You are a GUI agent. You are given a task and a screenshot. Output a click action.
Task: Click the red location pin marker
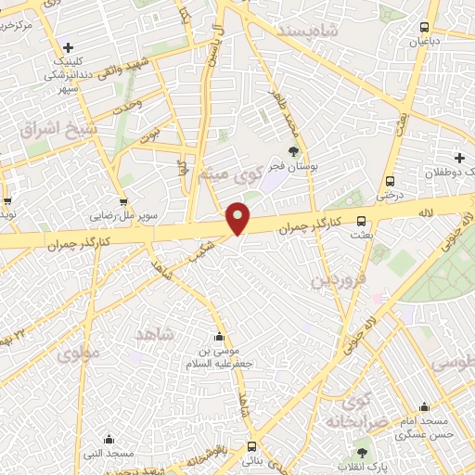pyautogui.click(x=238, y=218)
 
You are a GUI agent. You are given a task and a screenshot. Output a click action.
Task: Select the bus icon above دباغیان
pyautogui.click(x=425, y=28)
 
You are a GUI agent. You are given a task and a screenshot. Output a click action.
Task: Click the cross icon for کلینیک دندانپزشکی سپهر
pyautogui.click(x=68, y=48)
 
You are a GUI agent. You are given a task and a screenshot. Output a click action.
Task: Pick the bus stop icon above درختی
pyautogui.click(x=390, y=182)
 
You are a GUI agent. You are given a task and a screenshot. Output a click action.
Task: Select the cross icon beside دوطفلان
pyautogui.click(x=459, y=158)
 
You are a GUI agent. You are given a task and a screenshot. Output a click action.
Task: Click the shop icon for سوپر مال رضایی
pyautogui.click(x=123, y=202)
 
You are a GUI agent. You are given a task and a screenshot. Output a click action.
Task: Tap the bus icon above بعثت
pyautogui.click(x=362, y=222)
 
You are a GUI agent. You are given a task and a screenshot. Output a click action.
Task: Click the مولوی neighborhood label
pyautogui.click(x=77, y=353)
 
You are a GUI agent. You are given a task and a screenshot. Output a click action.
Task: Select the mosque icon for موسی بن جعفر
pyautogui.click(x=219, y=337)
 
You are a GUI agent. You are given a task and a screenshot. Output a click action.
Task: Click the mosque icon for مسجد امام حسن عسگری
pyautogui.click(x=424, y=406)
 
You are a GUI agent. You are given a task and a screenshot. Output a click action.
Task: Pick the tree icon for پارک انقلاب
pyautogui.click(x=361, y=454)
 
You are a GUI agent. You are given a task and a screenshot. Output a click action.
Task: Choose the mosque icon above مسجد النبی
pyautogui.click(x=109, y=440)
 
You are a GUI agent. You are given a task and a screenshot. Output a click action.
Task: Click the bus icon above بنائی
pyautogui.click(x=251, y=446)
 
